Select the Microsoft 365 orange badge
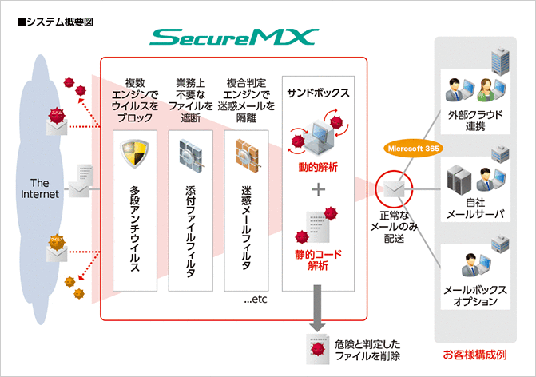click(415, 149)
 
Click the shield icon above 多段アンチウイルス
click(133, 153)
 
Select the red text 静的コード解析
click(318, 260)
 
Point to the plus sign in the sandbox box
click(318, 190)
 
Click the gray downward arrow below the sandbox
click(317, 324)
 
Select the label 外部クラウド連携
click(476, 121)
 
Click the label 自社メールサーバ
click(476, 208)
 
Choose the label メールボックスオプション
click(476, 296)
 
